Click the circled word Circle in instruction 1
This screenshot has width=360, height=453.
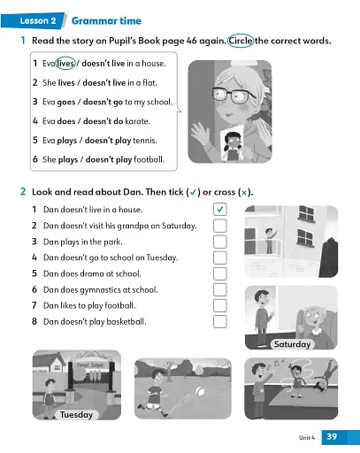click(241, 41)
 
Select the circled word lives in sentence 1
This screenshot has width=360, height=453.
click(65, 63)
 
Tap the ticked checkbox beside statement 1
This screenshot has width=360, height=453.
click(220, 210)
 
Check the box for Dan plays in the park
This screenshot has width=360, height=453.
click(220, 242)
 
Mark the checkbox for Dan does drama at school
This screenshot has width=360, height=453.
click(220, 273)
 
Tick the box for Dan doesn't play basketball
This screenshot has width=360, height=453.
click(220, 321)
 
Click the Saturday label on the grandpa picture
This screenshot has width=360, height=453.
click(292, 343)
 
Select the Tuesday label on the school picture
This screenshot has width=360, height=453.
click(75, 414)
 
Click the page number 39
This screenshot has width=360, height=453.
click(332, 436)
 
